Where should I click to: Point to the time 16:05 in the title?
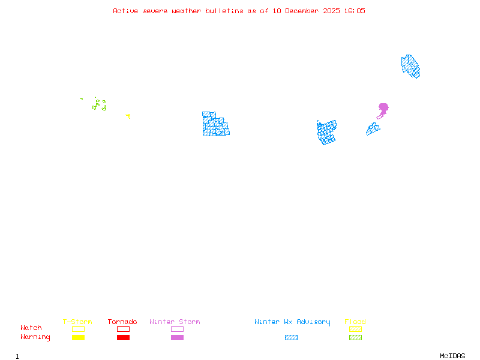click(354, 11)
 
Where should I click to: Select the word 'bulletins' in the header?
click(223, 11)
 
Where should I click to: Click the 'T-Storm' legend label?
click(77, 322)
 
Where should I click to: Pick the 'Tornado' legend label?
click(122, 322)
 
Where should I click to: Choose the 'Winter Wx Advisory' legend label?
click(292, 322)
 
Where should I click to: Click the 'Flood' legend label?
click(355, 322)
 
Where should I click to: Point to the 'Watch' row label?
click(31, 328)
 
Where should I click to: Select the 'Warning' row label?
click(35, 337)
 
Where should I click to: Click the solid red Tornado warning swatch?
click(123, 338)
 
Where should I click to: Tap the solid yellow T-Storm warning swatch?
click(78, 338)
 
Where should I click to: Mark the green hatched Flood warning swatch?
click(355, 338)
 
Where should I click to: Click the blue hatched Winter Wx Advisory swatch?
click(291, 338)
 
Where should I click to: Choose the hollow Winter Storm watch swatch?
click(177, 329)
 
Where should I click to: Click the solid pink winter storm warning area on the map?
click(383, 108)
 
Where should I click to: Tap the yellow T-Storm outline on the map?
click(128, 116)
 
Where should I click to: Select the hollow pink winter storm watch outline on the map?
click(379, 117)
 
